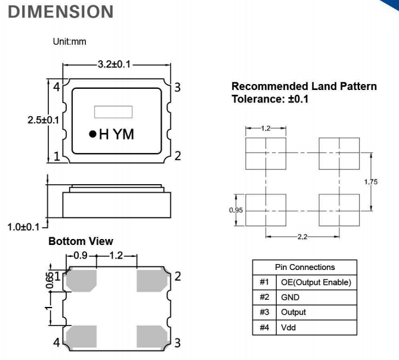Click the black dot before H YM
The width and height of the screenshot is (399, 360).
tap(92, 135)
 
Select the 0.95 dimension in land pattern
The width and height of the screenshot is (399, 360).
tap(237, 210)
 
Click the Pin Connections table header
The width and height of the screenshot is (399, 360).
tap(305, 267)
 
